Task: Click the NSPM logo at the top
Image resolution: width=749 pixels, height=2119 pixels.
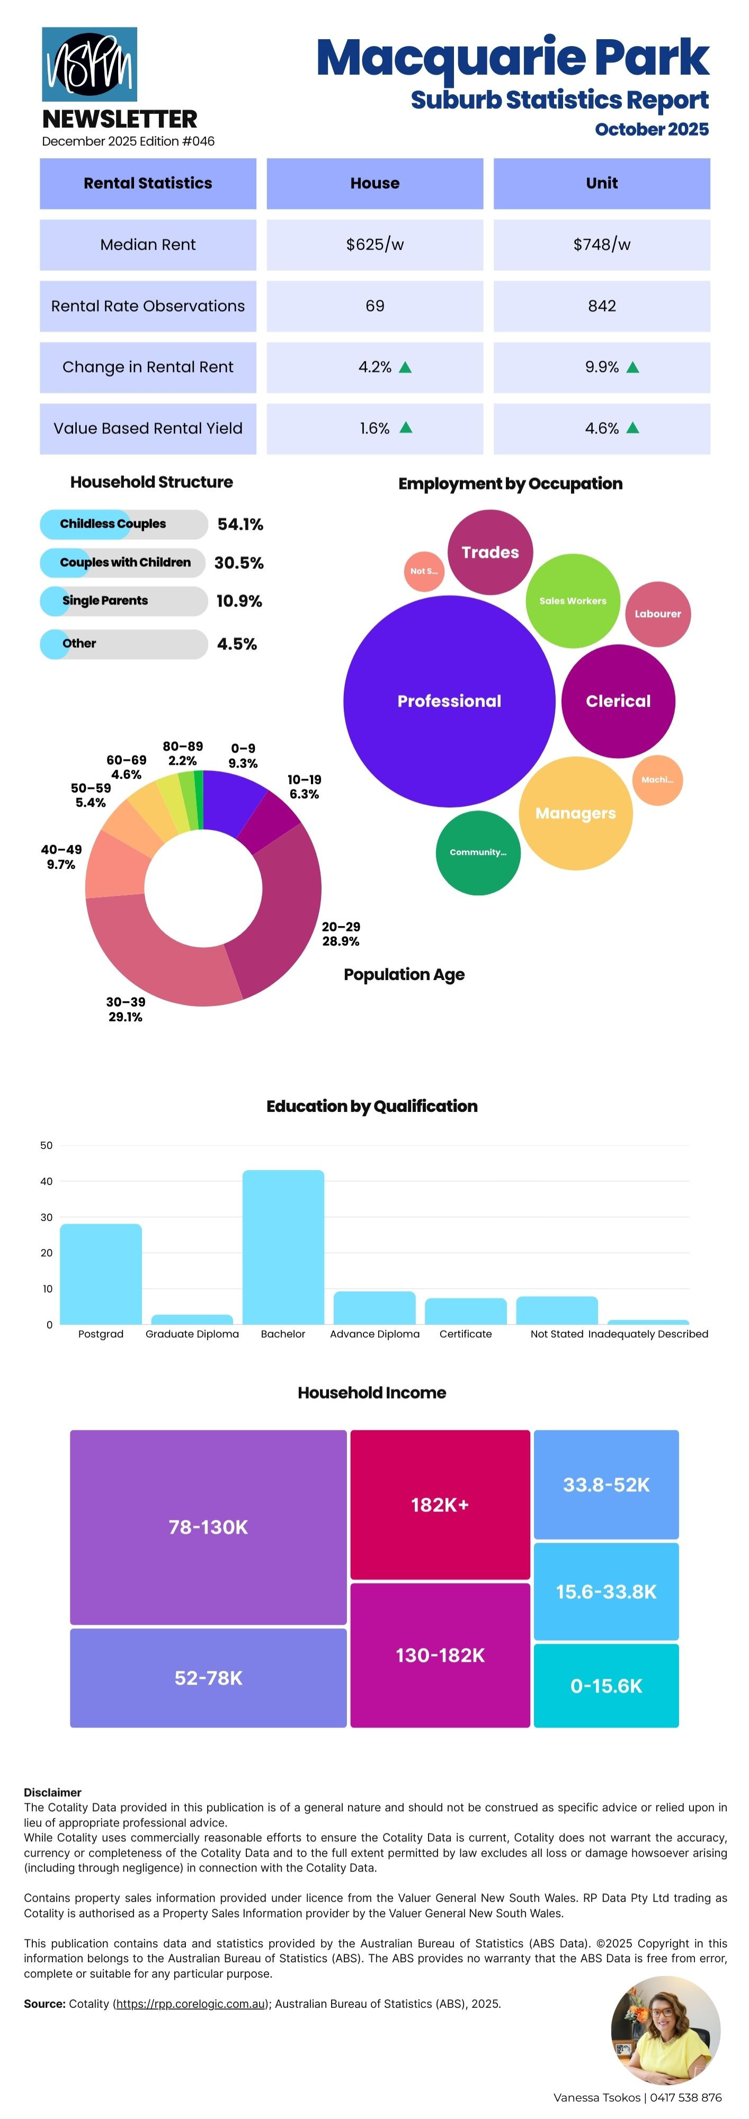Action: tap(89, 64)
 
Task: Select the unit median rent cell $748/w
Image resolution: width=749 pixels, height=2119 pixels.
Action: tap(601, 244)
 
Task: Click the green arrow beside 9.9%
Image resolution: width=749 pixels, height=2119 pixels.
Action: tap(632, 368)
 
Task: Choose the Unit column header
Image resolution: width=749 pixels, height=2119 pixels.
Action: tap(601, 183)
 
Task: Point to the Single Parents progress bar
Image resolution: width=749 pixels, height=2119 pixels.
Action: tap(123, 601)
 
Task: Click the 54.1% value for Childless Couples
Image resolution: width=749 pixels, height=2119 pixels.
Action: tap(240, 524)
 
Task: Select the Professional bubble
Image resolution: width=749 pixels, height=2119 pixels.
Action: tap(449, 701)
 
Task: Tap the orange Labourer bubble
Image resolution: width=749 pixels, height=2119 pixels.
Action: tap(658, 613)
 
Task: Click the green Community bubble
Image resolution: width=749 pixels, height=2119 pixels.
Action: tap(478, 852)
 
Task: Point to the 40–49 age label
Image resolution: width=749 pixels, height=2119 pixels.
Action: tap(61, 856)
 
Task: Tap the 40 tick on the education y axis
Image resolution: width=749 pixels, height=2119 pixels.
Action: tap(46, 1181)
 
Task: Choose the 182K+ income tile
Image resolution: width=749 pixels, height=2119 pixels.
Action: tap(440, 1504)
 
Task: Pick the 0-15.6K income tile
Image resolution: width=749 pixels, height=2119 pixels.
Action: tap(606, 1686)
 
